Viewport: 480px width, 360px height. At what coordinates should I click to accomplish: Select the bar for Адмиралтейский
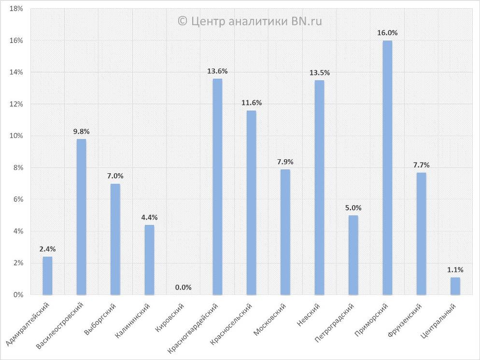point(47,276)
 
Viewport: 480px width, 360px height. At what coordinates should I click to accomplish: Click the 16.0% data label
point(387,33)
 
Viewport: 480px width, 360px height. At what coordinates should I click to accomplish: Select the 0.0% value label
point(184,288)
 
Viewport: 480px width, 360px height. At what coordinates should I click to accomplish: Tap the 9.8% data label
point(82,132)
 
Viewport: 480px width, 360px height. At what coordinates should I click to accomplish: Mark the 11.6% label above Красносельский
point(251,103)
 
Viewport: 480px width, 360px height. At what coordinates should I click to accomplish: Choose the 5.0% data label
point(353,208)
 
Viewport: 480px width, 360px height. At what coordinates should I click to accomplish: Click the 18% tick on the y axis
point(16,9)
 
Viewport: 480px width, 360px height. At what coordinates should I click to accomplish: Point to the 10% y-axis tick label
point(16,136)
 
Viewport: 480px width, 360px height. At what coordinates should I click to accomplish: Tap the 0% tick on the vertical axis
point(18,294)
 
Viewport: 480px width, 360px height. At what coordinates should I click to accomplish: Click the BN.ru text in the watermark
point(307,21)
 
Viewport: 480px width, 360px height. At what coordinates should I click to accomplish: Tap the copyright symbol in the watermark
point(182,21)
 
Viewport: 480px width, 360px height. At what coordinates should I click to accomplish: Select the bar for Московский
point(285,232)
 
